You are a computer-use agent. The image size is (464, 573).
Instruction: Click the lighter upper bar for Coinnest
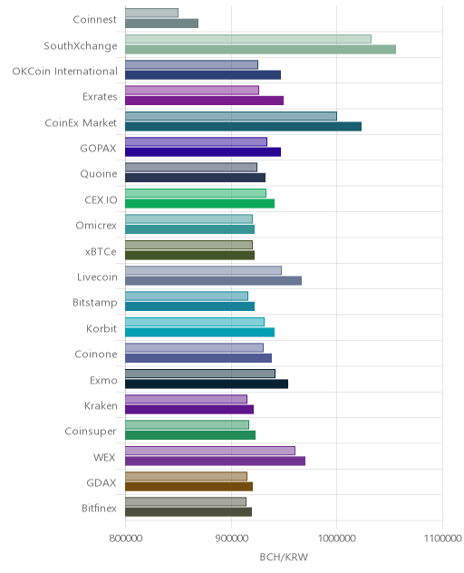(x=151, y=13)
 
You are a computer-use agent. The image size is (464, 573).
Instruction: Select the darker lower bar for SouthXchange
(x=260, y=49)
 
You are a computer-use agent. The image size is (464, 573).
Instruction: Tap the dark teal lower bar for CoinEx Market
(x=243, y=126)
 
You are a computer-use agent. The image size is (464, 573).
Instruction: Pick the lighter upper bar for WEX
(x=210, y=451)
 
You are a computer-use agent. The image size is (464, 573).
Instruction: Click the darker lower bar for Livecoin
(x=213, y=281)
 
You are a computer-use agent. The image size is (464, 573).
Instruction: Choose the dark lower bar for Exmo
(x=207, y=384)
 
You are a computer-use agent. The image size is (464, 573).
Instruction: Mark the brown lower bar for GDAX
(x=188, y=487)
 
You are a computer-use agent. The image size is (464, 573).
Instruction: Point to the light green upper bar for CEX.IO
(x=196, y=193)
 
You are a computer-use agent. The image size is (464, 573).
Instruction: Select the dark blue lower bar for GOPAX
(x=203, y=152)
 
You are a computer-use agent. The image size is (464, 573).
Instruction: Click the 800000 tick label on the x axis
(x=126, y=539)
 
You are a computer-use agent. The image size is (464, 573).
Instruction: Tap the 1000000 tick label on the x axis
(x=337, y=539)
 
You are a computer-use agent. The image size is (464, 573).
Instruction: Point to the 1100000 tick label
(x=442, y=539)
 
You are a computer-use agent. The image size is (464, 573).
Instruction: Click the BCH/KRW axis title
(x=284, y=557)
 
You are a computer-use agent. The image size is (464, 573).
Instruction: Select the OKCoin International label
(x=65, y=71)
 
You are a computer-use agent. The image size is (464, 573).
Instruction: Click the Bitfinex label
(x=99, y=508)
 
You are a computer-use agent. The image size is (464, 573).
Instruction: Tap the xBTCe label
(x=101, y=251)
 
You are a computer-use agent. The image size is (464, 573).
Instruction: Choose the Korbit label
(x=101, y=328)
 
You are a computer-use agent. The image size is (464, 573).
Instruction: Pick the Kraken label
(x=101, y=405)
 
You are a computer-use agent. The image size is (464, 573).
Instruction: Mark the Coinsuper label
(x=91, y=432)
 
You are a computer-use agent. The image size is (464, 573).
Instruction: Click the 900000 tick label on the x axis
(x=231, y=539)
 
